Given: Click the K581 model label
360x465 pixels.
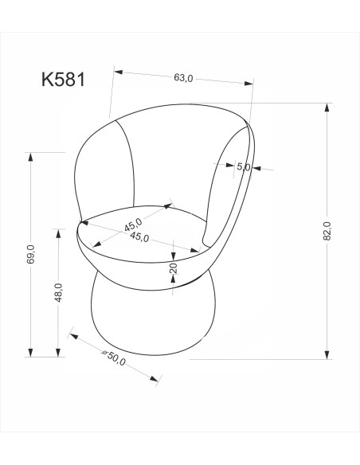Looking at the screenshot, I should click(x=68, y=80).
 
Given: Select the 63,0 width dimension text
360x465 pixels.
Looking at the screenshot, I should click(x=183, y=78).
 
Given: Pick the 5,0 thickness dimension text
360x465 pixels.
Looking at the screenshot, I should click(x=244, y=167).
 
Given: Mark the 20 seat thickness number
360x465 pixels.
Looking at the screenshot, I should click(x=173, y=268).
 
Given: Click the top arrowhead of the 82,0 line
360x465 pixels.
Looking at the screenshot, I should click(x=327, y=107).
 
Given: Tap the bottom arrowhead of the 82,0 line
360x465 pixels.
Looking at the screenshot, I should click(x=327, y=354).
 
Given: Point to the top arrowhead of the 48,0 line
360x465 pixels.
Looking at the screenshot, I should click(x=58, y=232).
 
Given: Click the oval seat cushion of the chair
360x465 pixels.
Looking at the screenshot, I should click(x=143, y=231).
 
